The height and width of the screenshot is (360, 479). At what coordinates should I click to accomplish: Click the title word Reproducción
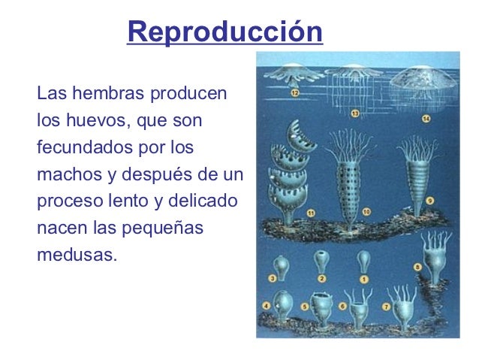tap(225, 33)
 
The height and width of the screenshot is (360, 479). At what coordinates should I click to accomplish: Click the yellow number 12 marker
tap(296, 93)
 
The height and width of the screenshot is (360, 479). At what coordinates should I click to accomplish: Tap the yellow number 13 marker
tap(355, 112)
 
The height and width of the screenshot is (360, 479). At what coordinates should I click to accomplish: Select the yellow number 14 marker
tap(426, 119)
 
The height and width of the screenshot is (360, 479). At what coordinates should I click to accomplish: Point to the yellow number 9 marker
tap(429, 201)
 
